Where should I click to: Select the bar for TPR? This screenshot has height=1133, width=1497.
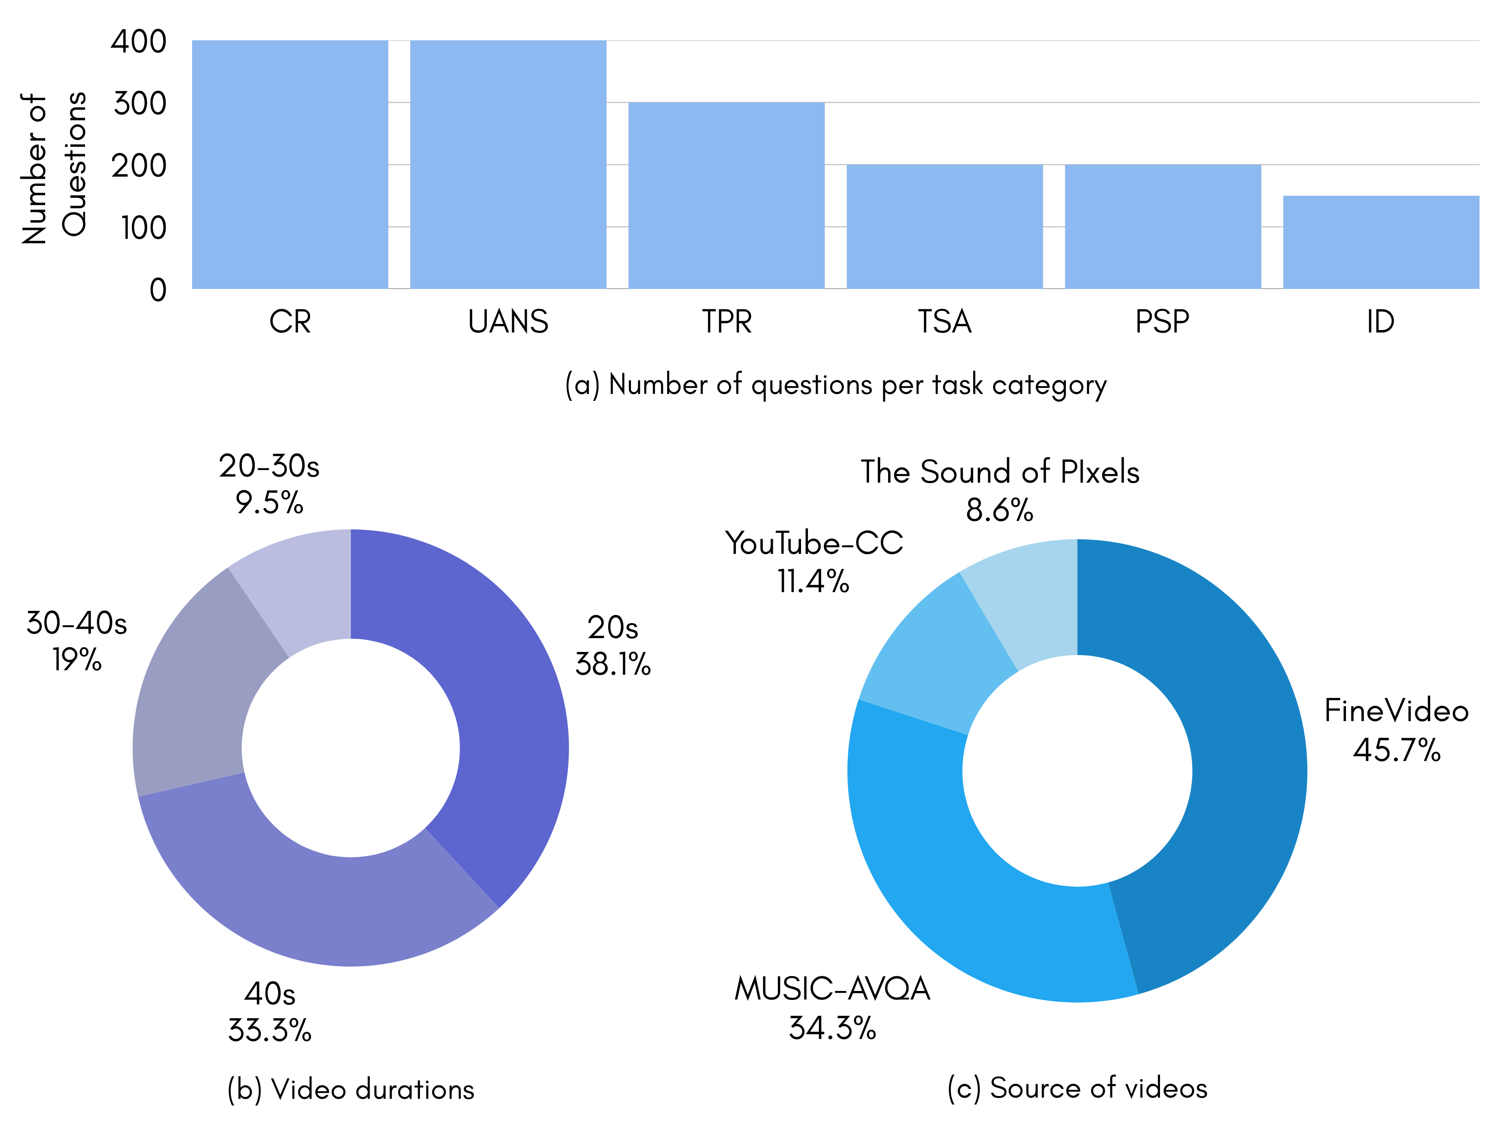[x=726, y=196]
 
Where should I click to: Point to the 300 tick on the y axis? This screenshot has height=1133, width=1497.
[x=140, y=103]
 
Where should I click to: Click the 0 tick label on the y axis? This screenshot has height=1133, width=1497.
[x=158, y=290]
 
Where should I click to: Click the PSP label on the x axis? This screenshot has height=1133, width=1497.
[x=1162, y=322]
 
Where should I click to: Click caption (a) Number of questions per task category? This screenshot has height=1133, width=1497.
[x=835, y=385]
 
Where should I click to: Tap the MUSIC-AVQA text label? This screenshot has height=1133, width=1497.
[x=832, y=989]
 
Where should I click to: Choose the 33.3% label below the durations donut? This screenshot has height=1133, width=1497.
[x=269, y=1030]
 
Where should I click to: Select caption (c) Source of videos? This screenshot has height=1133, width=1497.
[x=1077, y=1088]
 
